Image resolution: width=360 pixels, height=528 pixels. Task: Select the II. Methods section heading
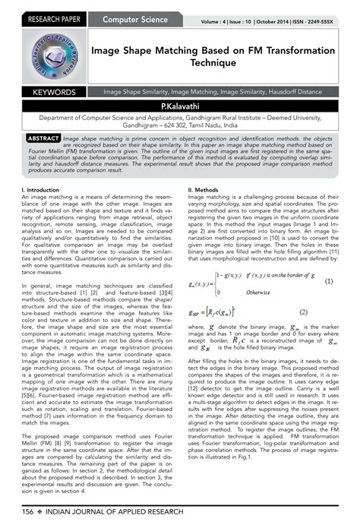[204, 190]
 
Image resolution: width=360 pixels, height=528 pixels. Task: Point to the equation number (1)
[329, 280]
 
